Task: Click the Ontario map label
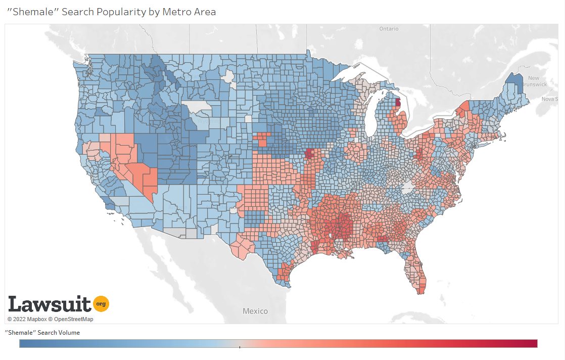tap(389, 29)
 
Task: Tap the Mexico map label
tap(255, 311)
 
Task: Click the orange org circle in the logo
tap(101, 303)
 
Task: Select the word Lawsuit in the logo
tap(50, 304)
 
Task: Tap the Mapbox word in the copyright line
tap(36, 319)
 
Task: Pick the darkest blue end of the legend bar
tap(23, 343)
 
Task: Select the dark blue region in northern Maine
tap(515, 83)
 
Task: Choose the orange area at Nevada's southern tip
tap(151, 178)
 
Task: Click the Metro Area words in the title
tap(189, 12)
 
